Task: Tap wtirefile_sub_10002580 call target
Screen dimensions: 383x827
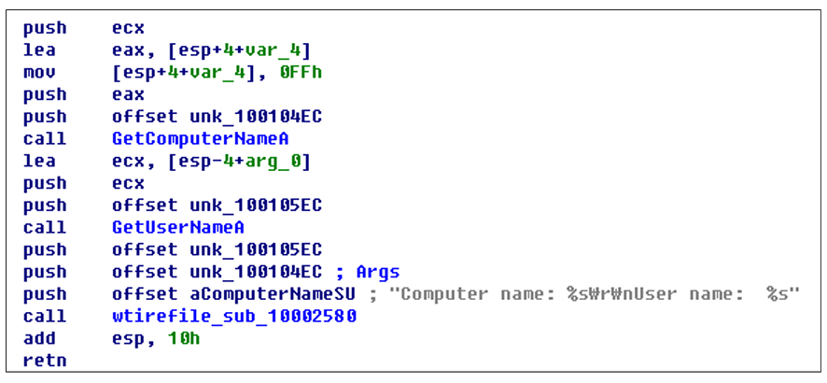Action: point(233,317)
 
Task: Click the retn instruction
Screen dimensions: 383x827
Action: point(44,361)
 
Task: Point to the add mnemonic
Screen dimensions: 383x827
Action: point(39,339)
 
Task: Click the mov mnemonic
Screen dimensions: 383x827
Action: point(39,73)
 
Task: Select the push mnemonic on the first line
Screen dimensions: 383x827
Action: point(44,29)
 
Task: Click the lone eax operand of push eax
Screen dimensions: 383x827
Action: point(128,94)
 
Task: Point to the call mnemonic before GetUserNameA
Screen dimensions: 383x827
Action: point(44,228)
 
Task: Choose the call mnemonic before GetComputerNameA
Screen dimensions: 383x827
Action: point(44,139)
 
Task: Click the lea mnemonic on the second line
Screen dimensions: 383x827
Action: point(39,50)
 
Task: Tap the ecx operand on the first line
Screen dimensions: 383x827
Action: point(128,29)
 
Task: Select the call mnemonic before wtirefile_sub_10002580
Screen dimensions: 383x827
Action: point(44,317)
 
